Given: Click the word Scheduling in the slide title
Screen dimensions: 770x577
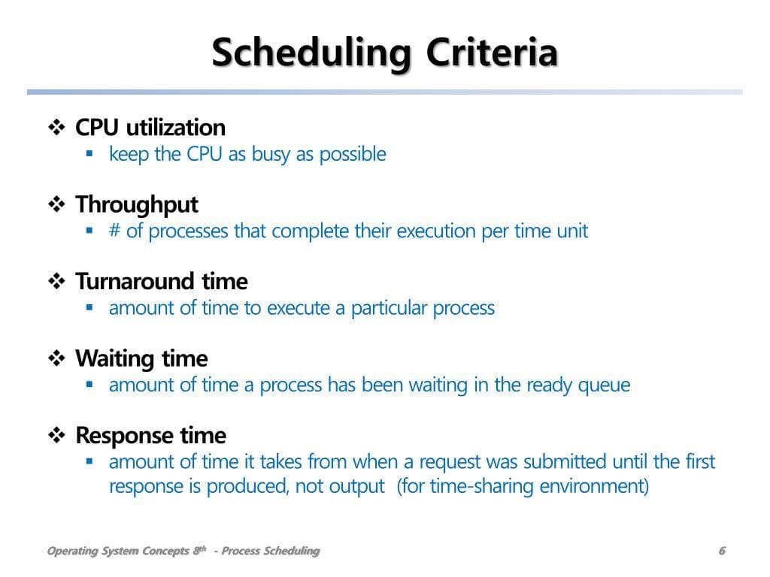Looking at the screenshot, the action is [311, 53].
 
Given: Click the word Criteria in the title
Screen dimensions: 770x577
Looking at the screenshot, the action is [492, 52].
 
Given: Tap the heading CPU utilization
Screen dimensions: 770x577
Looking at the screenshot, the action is [150, 128].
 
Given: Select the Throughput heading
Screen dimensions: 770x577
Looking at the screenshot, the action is [137, 205].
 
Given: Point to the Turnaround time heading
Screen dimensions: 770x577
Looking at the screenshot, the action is [162, 282].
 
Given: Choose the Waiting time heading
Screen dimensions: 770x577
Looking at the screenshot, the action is [141, 358].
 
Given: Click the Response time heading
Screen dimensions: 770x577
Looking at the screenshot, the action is [150, 436].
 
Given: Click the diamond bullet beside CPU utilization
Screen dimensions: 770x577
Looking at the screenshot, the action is [56, 128].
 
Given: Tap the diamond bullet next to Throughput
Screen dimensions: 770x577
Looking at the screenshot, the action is [56, 204].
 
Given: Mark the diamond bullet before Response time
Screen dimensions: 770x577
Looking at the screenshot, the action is [56, 435].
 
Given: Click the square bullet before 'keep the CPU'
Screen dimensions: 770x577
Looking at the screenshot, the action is [89, 153].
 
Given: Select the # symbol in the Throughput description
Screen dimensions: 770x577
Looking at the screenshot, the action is [114, 230].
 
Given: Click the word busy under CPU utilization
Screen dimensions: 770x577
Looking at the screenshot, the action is [271, 155].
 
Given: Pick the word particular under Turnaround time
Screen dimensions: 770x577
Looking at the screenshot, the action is [389, 309].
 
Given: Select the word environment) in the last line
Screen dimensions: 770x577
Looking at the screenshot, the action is [594, 487].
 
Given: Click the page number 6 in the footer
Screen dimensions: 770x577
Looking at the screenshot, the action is [722, 551].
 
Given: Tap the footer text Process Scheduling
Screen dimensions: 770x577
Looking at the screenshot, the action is [271, 551].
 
